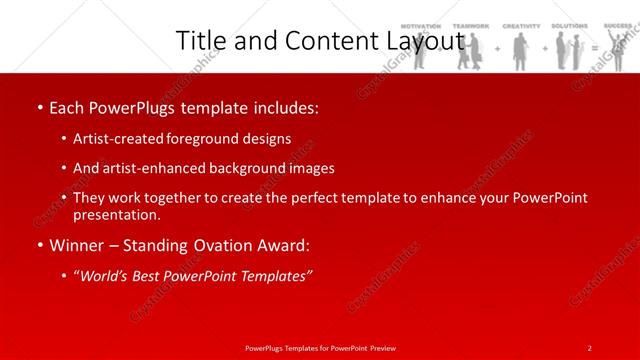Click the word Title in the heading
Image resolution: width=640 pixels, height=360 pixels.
[x=202, y=41]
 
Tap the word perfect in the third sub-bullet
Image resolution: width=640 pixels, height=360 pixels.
[x=314, y=198]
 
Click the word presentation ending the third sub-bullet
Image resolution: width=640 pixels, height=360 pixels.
[x=114, y=214]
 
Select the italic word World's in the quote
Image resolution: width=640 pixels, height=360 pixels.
[x=106, y=277]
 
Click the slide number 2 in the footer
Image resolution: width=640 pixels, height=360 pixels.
[x=589, y=347]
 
